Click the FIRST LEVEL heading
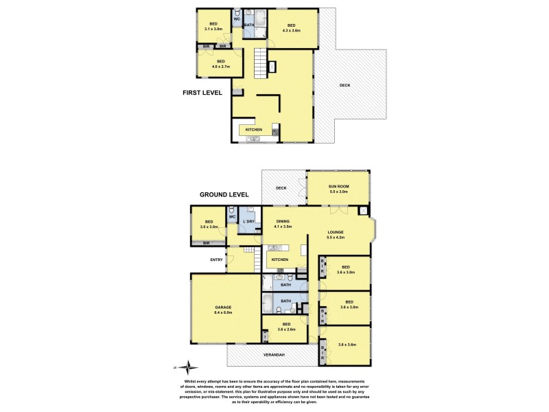pos(202,93)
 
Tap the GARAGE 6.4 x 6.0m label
pos(223,310)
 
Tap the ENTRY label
pos(217,260)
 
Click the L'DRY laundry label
pos(250,222)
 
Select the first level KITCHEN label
pos(254,129)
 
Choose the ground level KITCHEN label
pos(279,260)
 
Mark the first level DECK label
pos(344,85)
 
